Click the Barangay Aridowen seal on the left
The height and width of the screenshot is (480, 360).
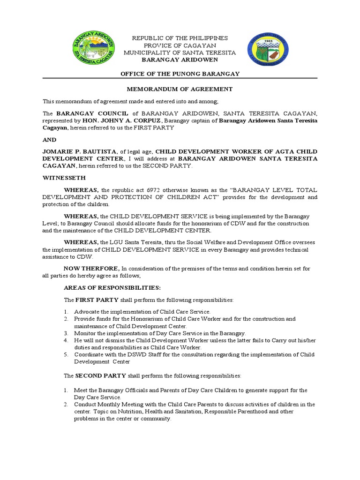[95, 49]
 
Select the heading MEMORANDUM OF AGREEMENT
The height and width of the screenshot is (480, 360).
[180, 89]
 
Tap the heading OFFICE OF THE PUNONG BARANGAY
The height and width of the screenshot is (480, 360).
[180, 74]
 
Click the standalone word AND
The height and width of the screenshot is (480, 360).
[50, 140]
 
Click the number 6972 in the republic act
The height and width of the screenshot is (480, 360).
[150, 190]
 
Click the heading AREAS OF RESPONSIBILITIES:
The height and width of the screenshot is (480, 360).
[105, 287]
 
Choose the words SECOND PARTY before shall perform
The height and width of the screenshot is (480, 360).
[101, 376]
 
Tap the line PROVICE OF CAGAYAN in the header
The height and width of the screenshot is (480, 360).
[180, 45]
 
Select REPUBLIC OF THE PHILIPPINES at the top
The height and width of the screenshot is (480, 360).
[180, 38]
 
